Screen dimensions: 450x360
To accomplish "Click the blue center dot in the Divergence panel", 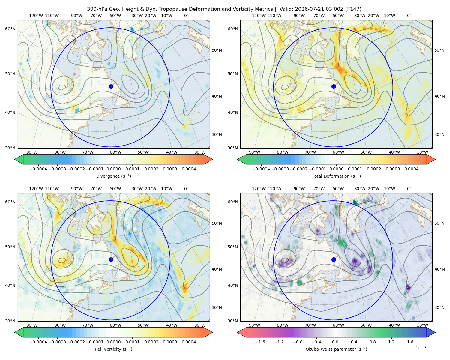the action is pos(111,86).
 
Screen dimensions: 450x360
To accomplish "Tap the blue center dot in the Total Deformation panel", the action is pos(334,86).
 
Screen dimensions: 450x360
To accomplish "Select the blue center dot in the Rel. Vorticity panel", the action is pos(111,259).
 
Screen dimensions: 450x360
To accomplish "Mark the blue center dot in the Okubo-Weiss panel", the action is pos(334,259).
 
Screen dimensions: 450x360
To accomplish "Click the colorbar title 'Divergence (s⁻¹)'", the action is pos(113,176).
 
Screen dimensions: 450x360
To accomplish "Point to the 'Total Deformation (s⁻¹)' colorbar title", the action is pos(336,176).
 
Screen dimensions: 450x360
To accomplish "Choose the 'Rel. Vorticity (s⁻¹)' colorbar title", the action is pos(113,349).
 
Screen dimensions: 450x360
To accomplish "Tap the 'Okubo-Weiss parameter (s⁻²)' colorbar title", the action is pos(336,349).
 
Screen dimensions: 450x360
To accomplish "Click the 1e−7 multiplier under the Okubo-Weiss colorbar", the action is pos(421,348).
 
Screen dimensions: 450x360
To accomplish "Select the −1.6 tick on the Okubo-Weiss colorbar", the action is pos(260,342).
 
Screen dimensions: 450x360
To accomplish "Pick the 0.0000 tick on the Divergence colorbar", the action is pos(113,169).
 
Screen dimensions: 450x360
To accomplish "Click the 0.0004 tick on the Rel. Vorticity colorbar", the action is pos(189,342).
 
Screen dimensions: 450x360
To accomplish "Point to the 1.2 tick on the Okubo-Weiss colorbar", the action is pos(391,342).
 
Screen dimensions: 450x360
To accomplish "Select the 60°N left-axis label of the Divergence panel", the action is pos(10,29).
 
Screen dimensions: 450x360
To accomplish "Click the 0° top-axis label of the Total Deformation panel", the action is pos(409,16).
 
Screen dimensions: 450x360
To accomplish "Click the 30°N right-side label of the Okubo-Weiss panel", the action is pos(439,307).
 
